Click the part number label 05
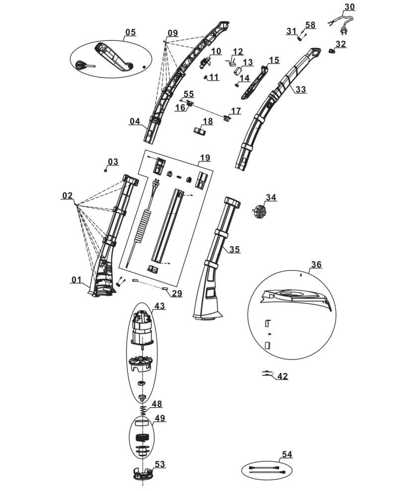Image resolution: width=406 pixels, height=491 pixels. [130, 32]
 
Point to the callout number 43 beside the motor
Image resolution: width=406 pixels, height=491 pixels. [159, 306]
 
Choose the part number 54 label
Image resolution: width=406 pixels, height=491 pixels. [287, 454]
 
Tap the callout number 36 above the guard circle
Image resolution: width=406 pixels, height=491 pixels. [316, 265]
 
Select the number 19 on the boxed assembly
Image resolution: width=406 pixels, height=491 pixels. [205, 158]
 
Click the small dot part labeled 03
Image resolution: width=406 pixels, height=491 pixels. [106, 170]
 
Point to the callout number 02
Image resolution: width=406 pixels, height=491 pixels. [68, 196]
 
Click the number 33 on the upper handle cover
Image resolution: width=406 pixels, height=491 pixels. [301, 90]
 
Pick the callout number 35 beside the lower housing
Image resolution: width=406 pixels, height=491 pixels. [235, 249]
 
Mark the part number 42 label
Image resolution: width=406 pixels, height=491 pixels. [282, 376]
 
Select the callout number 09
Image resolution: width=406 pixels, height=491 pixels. [172, 33]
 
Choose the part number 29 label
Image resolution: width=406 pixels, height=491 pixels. [177, 293]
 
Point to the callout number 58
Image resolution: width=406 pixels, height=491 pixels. [310, 25]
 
